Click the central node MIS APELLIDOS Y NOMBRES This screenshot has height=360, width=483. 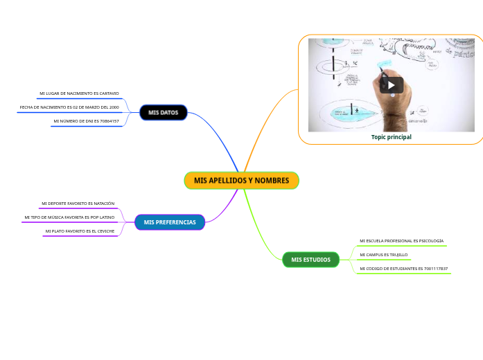tap(241, 180)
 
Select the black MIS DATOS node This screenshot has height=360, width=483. tap(163, 112)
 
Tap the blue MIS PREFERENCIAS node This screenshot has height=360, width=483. tap(170, 222)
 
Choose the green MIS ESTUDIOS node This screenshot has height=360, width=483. tap(310, 260)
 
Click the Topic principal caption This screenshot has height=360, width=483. tap(391, 137)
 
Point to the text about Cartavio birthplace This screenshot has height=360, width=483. tap(79, 93)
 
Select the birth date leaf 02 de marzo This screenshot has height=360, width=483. tap(69, 107)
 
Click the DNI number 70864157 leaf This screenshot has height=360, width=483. tap(86, 121)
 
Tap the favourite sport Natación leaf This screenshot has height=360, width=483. tap(78, 204)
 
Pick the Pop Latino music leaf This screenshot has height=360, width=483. tap(69, 217)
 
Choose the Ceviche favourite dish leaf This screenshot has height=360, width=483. tap(80, 231)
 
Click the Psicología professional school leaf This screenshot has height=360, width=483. tap(401, 241)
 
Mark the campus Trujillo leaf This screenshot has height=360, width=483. tap(383, 255)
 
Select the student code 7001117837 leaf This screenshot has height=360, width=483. tap(403, 269)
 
